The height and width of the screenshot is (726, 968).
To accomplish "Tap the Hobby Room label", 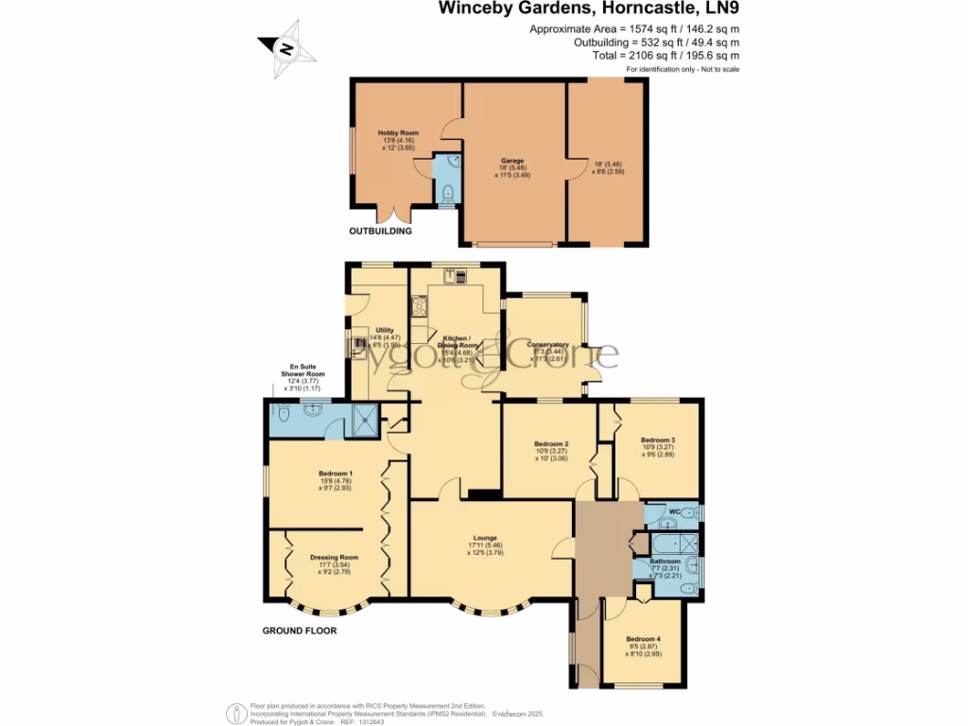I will [398, 133].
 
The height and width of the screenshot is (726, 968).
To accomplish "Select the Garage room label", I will [512, 161].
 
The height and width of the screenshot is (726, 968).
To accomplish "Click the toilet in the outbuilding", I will [447, 194].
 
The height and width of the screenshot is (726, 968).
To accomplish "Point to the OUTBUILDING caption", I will [381, 231].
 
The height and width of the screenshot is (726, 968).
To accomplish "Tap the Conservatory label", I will [547, 345].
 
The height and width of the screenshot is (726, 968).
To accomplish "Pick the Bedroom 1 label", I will [336, 473].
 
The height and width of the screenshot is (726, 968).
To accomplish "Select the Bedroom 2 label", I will [551, 443].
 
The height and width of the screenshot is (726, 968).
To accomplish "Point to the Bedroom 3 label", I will [657, 440].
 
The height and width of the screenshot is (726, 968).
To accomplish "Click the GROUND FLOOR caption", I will [300, 631].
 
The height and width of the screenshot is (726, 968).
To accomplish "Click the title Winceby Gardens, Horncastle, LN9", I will [587, 9].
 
